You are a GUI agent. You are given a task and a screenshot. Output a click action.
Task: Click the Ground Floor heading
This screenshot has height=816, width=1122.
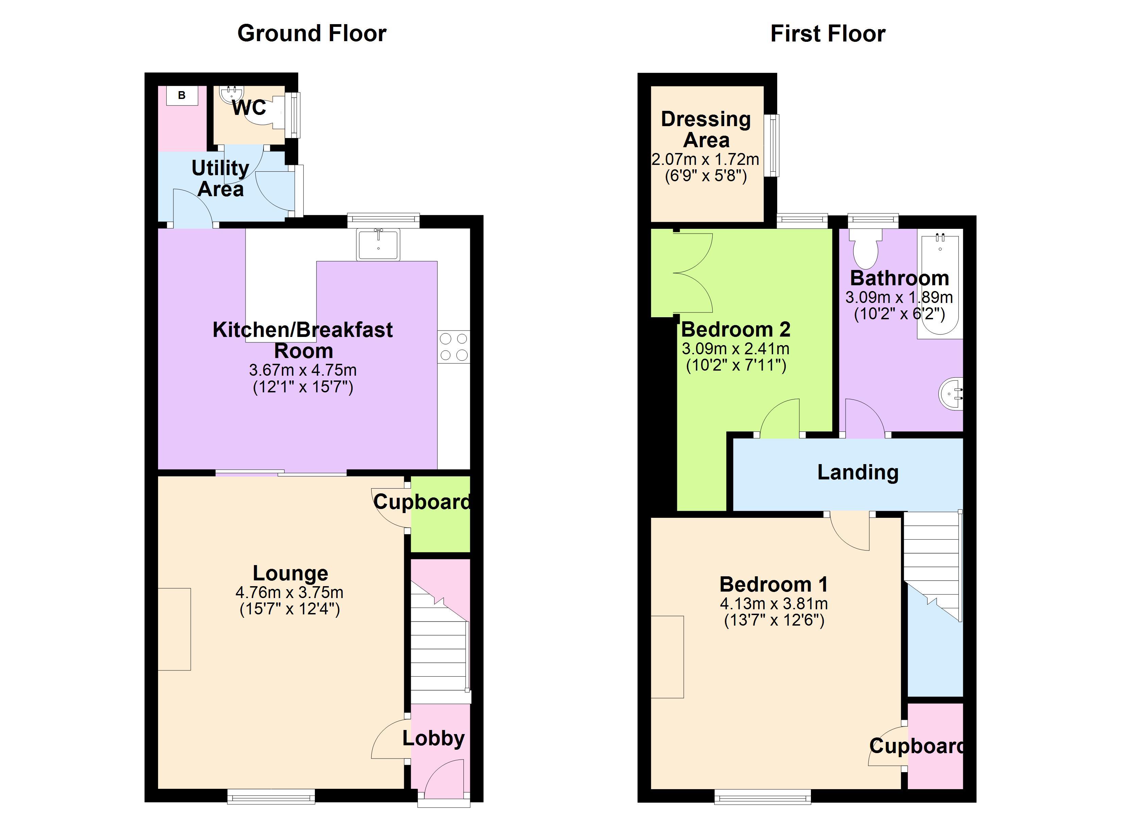(312, 34)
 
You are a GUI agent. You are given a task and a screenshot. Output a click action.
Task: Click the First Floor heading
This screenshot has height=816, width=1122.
(828, 34)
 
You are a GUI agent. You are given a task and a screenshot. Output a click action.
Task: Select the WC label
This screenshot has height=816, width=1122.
(249, 107)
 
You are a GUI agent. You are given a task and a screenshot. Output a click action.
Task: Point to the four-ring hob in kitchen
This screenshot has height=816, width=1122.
(454, 347)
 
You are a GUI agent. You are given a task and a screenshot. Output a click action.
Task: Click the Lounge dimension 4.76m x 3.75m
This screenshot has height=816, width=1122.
(289, 592)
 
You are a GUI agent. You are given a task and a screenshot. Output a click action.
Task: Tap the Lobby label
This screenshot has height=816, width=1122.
(434, 738)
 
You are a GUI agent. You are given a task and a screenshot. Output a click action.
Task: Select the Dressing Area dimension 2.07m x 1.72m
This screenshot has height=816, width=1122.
(705, 159)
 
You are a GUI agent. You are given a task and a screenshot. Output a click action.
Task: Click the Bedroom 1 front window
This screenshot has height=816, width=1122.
(762, 796)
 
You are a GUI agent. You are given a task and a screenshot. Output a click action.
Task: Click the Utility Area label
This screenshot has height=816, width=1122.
(220, 178)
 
